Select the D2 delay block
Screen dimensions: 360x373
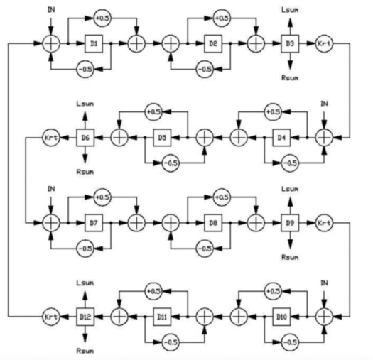213,44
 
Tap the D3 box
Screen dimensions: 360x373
289,44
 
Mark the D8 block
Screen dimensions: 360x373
213,223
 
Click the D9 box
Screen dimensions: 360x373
289,223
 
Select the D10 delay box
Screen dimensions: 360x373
281,313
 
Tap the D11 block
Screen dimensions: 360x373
162,313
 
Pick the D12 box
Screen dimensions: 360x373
85,313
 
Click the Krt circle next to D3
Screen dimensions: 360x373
323,44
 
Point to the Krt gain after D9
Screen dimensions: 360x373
323,223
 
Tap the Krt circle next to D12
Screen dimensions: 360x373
50,313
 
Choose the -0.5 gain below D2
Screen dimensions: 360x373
204,69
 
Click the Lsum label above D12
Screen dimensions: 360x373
85,283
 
